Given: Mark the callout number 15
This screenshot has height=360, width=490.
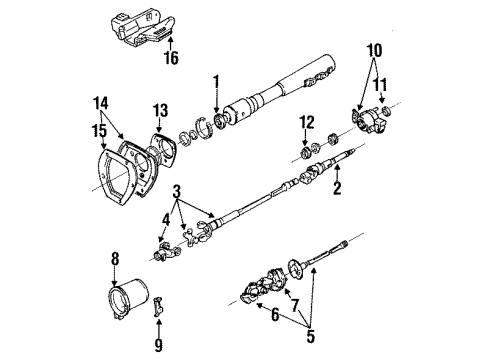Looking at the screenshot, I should [x=101, y=126].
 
